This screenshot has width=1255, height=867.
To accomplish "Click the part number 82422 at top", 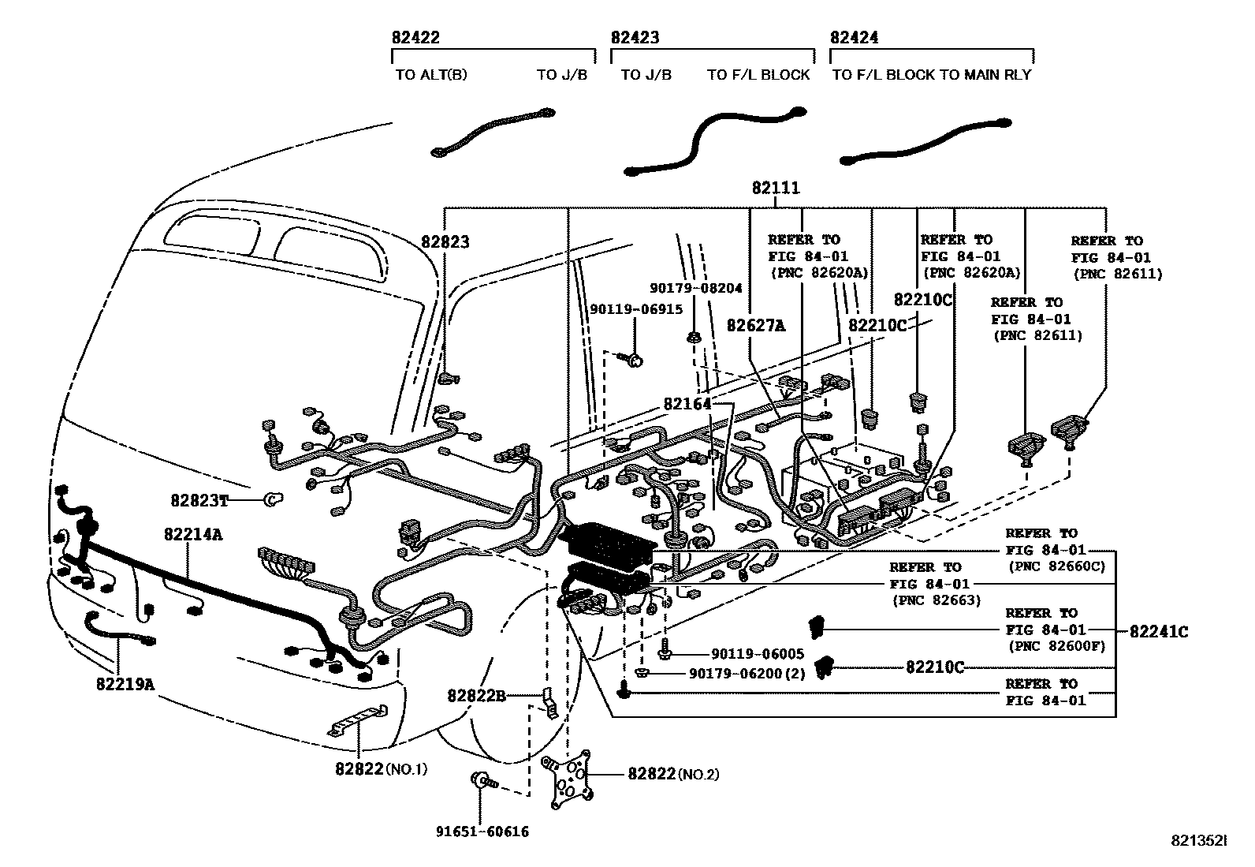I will pos(415,38).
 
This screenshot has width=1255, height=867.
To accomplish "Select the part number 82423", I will pos(635,38).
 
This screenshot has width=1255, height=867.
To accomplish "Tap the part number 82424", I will pos(854,38).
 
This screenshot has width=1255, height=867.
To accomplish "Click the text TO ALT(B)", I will pos(430,75).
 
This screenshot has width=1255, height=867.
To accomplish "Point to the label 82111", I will pos(775,189).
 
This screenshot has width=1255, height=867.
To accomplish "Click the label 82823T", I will pos(199,500).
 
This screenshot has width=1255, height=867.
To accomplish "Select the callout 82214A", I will pos(193,534).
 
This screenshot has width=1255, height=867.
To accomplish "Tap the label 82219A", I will pos(125,684).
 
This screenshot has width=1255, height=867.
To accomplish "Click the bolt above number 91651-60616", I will pos(481,782).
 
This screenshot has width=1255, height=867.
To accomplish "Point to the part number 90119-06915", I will pos(636,310).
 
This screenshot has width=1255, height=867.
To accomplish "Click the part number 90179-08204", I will pos(695,289).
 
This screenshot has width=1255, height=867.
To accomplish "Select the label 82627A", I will pos(756,325).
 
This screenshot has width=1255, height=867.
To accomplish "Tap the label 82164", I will pos(687,404).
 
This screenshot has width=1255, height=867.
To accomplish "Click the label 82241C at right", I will pos(1158,631).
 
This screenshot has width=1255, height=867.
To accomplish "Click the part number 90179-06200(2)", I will pos(746,674).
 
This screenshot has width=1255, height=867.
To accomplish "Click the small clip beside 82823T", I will pos(270,499).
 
